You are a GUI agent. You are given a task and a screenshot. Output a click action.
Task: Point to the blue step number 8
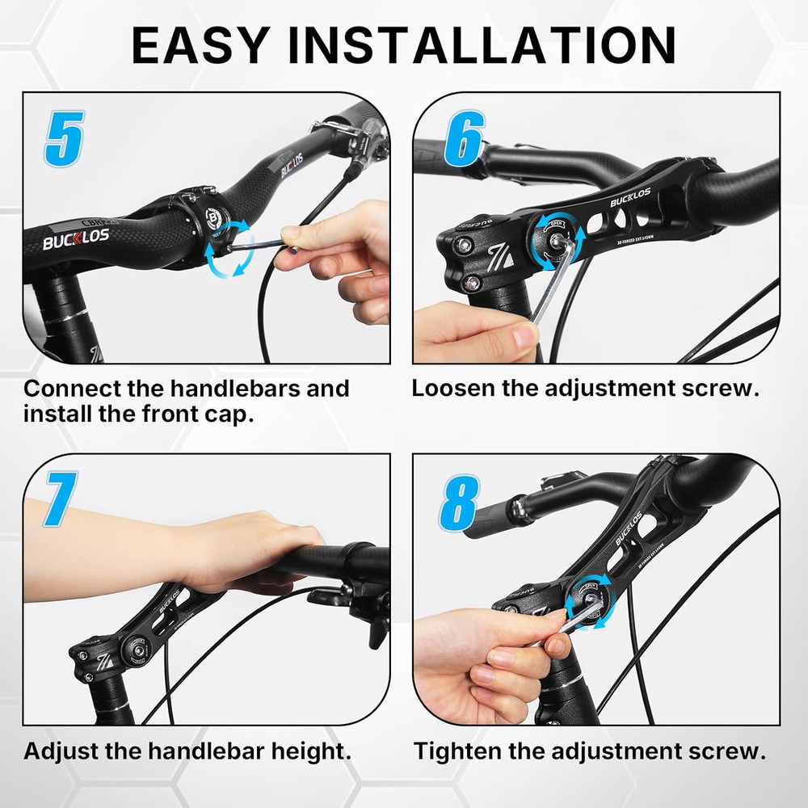coord(459,503)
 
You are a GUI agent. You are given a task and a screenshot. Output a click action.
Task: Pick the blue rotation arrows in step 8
coord(590,602)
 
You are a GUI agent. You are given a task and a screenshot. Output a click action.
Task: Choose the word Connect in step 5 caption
coord(72,388)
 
